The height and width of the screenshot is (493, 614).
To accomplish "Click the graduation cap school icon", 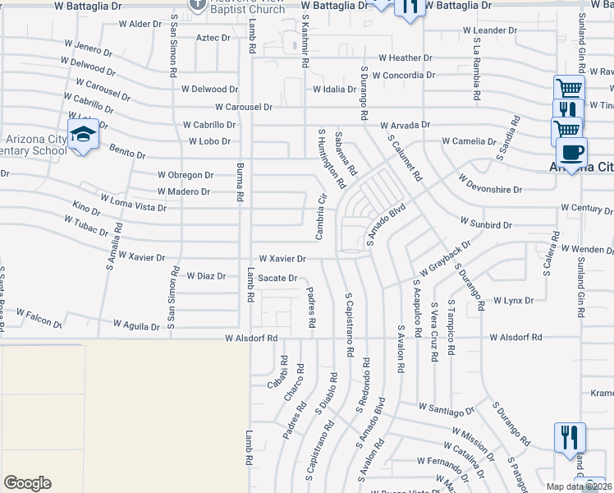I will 83,134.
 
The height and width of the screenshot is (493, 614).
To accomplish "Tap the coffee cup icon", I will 571,152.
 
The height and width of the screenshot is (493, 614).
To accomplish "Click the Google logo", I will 27,483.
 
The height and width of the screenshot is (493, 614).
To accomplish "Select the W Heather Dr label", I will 405,58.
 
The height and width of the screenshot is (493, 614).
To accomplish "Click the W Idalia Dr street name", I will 334,90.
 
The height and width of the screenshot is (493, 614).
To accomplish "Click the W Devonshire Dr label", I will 490,183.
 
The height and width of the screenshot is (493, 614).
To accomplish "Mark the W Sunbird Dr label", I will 486,223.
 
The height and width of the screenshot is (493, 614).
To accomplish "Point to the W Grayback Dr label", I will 444,258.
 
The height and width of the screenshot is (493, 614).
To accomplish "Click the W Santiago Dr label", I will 447,408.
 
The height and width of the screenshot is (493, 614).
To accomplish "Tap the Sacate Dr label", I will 277,279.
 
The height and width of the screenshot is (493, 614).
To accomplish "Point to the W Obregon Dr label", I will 186,175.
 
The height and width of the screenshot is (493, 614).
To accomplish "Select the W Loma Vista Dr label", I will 132,203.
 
